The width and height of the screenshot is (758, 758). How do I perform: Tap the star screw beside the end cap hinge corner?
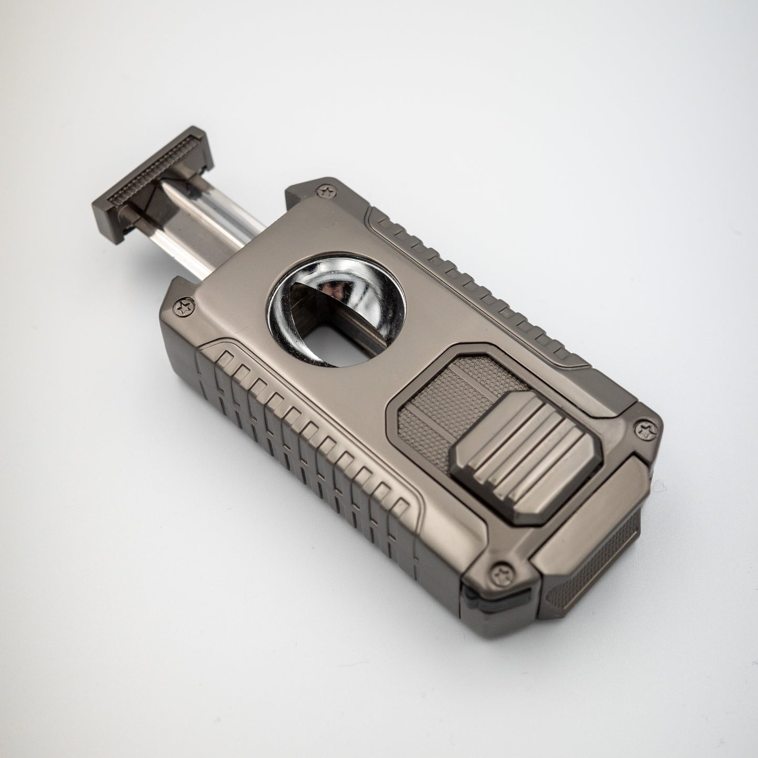tap(643, 431)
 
